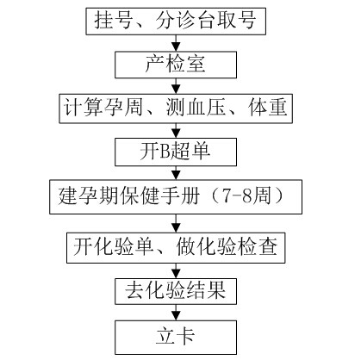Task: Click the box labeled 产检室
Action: [x=176, y=65]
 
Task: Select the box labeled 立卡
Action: [x=176, y=338]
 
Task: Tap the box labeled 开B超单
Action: [x=176, y=152]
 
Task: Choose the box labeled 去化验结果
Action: [x=176, y=291]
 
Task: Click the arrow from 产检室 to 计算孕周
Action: [x=176, y=86]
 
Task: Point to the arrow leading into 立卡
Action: [x=176, y=313]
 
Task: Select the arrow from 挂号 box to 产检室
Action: [x=176, y=43]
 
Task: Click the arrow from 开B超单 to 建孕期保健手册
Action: [x=176, y=173]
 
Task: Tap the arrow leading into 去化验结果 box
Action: [x=176, y=270]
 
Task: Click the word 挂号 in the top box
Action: [x=113, y=21]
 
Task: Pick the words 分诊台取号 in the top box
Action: [x=206, y=21]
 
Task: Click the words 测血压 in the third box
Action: [x=196, y=108]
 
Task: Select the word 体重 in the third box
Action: [x=268, y=108]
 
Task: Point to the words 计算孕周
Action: [x=103, y=108]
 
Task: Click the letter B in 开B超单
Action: [x=165, y=152]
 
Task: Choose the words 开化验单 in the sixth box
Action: [x=113, y=247]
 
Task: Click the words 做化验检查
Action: [x=227, y=247]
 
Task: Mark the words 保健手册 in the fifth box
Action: [x=160, y=196]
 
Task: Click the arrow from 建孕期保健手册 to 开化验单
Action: [x=176, y=223]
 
